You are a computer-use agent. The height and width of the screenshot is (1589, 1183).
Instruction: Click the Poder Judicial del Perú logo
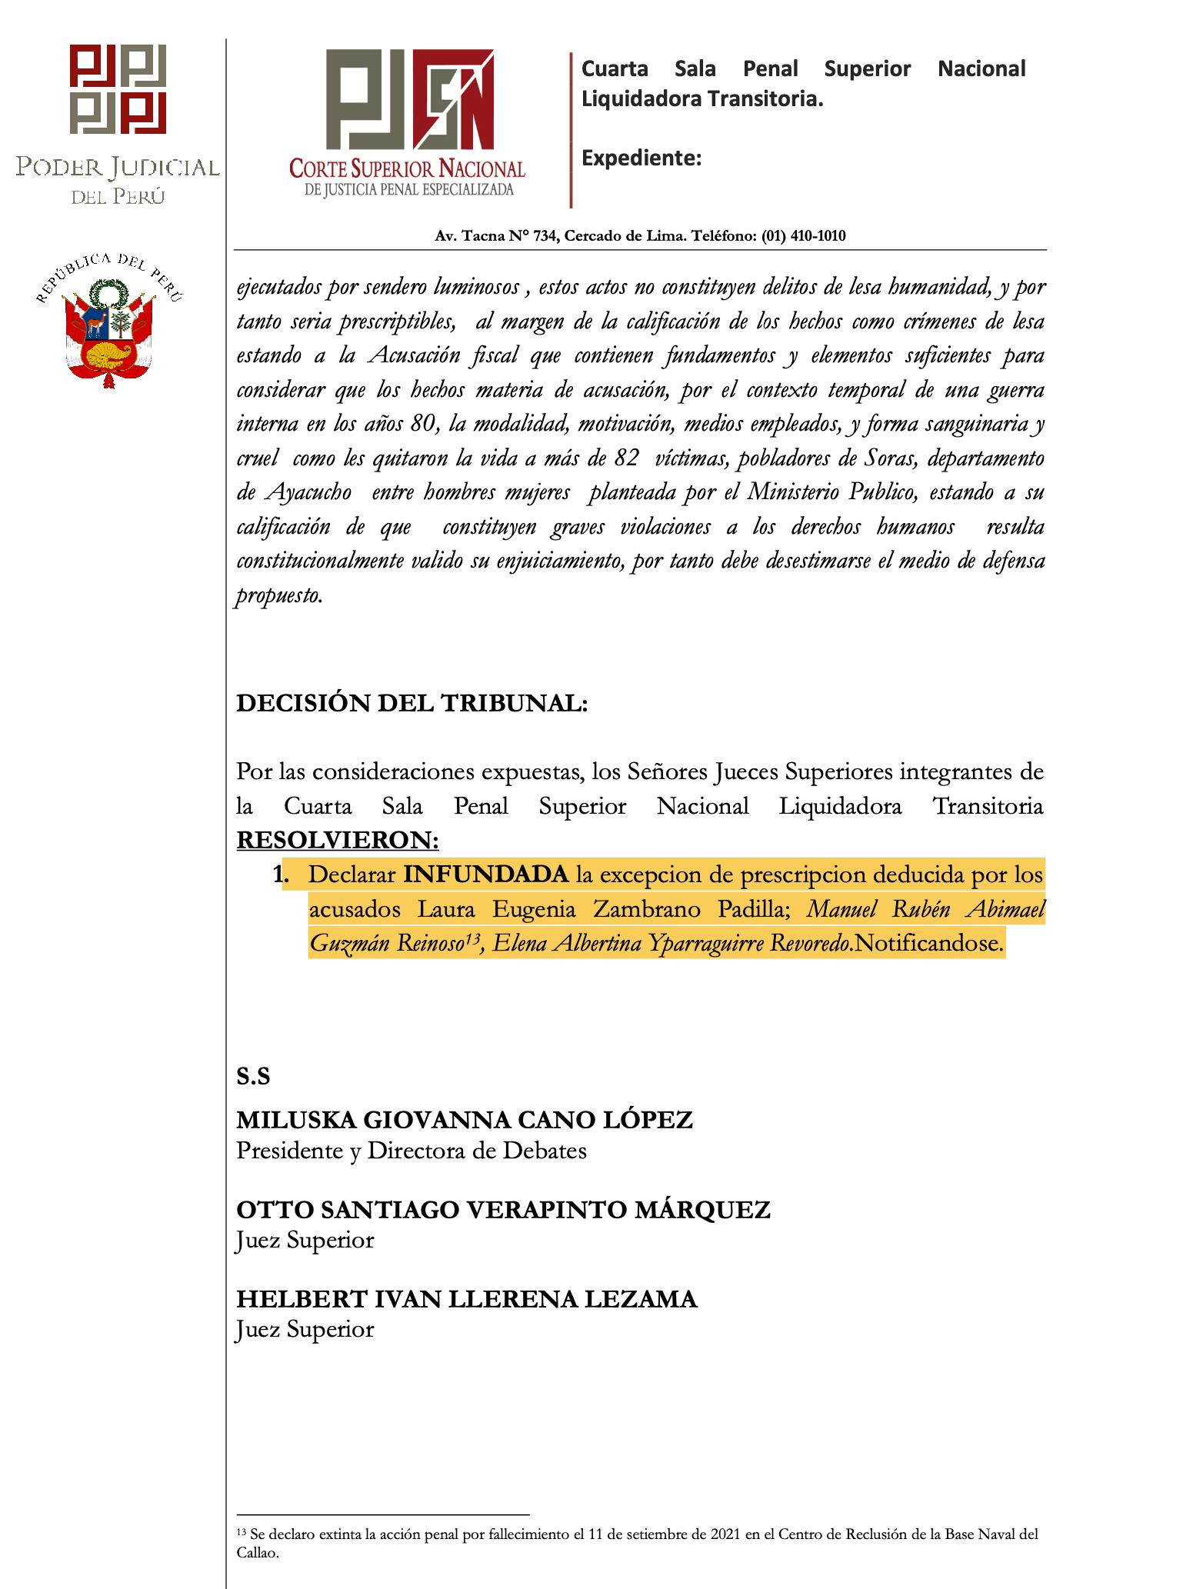click(x=118, y=123)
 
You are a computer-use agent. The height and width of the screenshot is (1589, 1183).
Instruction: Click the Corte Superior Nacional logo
click(x=407, y=123)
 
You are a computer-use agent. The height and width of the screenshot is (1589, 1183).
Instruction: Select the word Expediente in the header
click(x=641, y=158)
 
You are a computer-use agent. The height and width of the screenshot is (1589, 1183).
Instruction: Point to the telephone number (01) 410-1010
click(x=803, y=236)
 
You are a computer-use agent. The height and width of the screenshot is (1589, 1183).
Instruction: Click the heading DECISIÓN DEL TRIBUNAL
click(x=412, y=704)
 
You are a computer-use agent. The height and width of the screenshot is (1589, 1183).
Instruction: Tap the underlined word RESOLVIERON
click(x=338, y=841)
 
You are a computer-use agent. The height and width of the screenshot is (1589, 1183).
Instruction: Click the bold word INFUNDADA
click(x=486, y=874)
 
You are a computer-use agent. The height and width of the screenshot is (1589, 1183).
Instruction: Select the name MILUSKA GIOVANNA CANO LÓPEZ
click(x=464, y=1120)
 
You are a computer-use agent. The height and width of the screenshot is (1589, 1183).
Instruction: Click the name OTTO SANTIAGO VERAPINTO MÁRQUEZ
click(x=502, y=1210)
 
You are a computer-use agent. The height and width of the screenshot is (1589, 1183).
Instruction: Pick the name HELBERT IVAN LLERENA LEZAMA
click(x=466, y=1299)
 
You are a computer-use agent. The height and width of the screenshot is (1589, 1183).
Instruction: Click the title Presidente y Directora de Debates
click(x=411, y=1151)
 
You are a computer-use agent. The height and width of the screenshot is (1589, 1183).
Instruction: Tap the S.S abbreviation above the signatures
click(x=253, y=1077)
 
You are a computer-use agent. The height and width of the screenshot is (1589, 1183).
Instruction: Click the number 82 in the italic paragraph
click(x=627, y=458)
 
